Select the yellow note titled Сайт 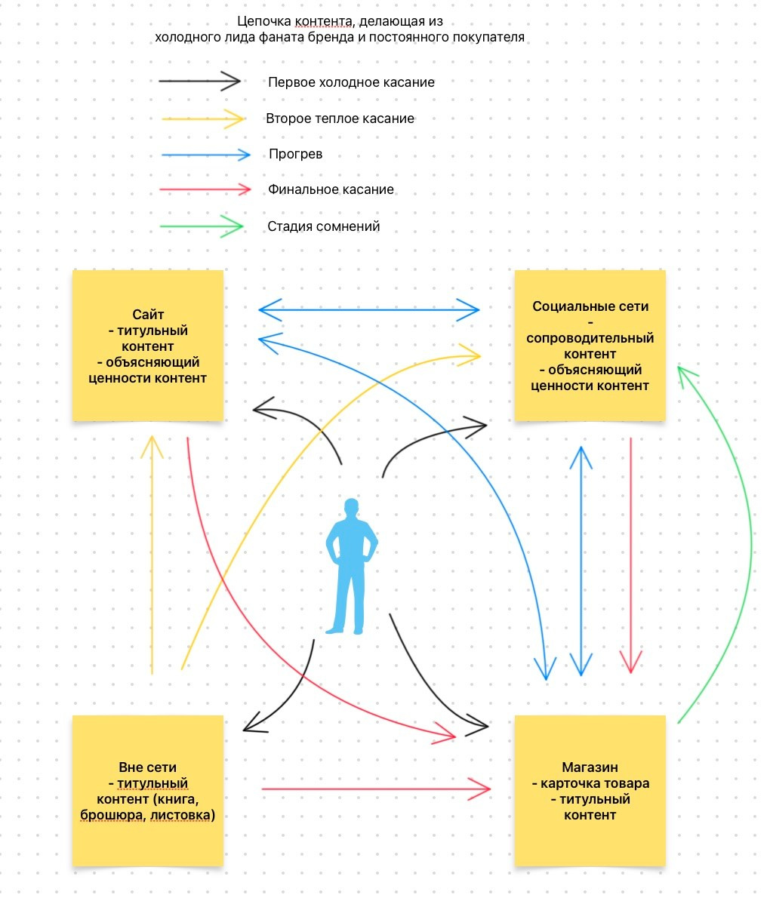pyautogui.click(x=148, y=345)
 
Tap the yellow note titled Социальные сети pyautogui.click(x=590, y=345)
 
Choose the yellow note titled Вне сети pyautogui.click(x=148, y=790)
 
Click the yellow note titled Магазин pyautogui.click(x=590, y=790)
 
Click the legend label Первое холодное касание pyautogui.click(x=351, y=82)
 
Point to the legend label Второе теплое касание pyautogui.click(x=340, y=118)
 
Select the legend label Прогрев pyautogui.click(x=295, y=154)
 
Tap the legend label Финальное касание pyautogui.click(x=331, y=189)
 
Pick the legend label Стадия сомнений pyautogui.click(x=323, y=226)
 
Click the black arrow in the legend pyautogui.click(x=199, y=81)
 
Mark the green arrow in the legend pyautogui.click(x=202, y=225)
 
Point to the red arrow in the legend pyautogui.click(x=205, y=189)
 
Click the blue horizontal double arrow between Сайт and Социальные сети pyautogui.click(x=368, y=309)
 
